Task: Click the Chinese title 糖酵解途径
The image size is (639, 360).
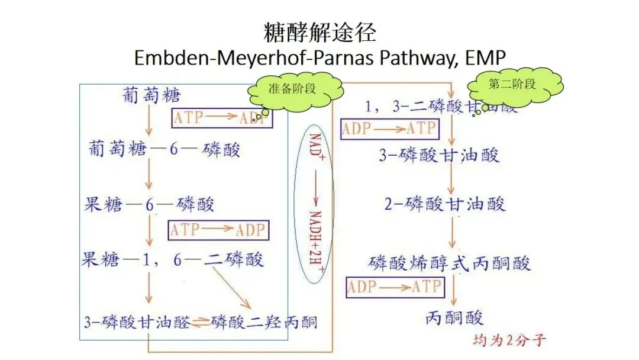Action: coord(319,32)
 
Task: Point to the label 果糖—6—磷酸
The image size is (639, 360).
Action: coord(149,204)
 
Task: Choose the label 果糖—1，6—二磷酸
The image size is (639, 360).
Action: coord(172,259)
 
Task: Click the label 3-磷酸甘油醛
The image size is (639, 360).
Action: coord(137,322)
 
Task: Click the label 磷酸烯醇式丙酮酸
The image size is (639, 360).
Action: coord(450,262)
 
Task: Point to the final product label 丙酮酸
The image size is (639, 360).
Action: coord(454,318)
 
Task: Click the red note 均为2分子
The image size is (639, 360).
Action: coord(509,340)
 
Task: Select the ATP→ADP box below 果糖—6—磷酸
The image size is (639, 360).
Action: coord(218,230)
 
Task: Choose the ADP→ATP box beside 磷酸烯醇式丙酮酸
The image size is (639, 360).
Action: coord(394,287)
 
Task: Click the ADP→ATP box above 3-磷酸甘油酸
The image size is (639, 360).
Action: coord(389,128)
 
